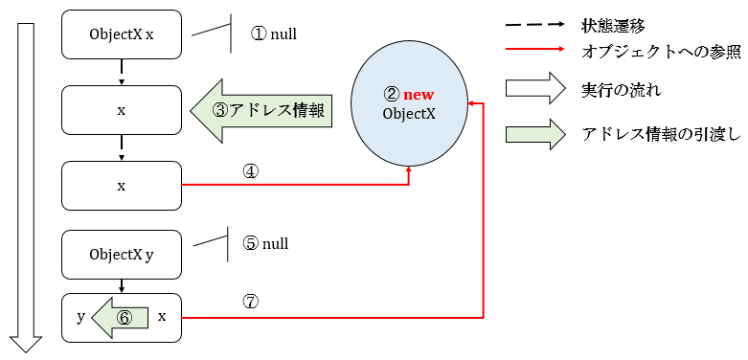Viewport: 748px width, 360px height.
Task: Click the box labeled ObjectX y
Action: pos(122,254)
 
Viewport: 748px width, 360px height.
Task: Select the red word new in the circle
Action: pos(419,95)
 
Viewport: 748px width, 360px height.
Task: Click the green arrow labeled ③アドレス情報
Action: pos(261,110)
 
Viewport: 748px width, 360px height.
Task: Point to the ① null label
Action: pos(274,34)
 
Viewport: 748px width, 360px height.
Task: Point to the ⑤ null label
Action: pos(265,243)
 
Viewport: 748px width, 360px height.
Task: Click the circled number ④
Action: pos(251,172)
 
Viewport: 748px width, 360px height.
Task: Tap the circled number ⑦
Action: pos(251,303)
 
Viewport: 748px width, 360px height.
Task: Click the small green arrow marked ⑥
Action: pos(121,317)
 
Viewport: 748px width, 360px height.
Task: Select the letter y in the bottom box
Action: pos(81,316)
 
